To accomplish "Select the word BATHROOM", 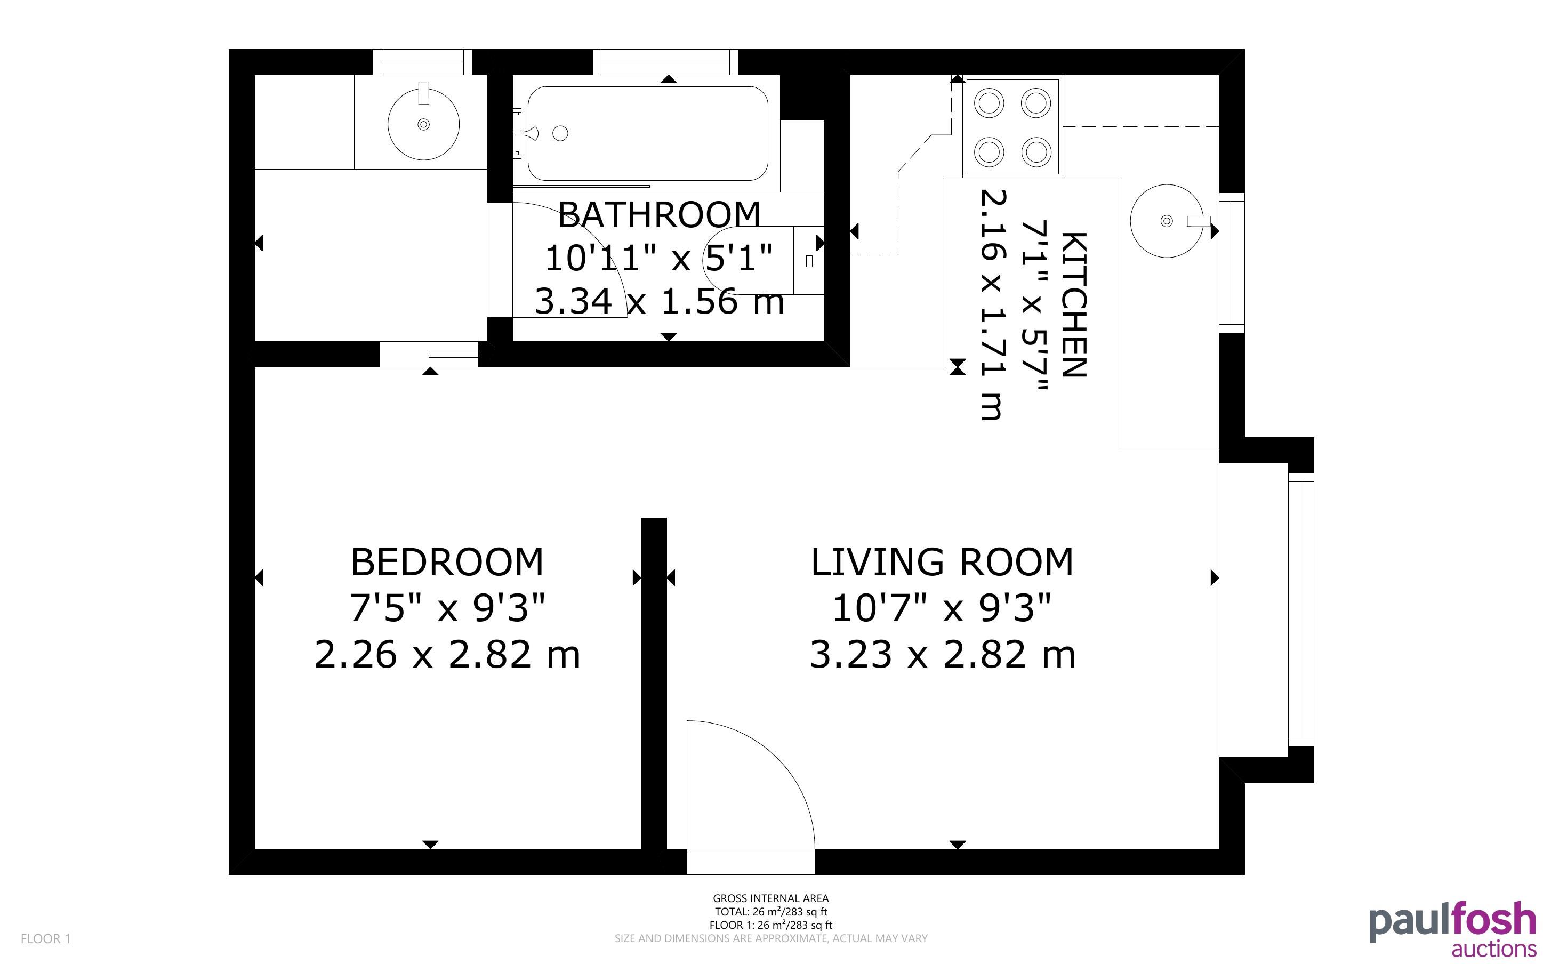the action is tap(659, 214).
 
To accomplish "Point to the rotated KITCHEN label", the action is tap(1073, 305).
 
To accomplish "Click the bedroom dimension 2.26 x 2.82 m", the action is tap(447, 655).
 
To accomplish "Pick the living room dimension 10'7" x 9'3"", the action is tap(942, 608).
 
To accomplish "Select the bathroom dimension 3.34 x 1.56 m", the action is tap(659, 301).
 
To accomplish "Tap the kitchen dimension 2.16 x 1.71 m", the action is tap(992, 305).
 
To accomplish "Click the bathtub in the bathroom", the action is tap(647, 133).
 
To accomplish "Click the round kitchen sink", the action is tap(1167, 221).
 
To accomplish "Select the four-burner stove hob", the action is tap(1012, 127).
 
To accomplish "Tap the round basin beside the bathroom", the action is tap(423, 124).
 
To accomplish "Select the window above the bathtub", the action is tap(665, 62).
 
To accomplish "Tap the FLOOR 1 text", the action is tap(46, 938).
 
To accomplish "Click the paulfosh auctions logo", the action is tap(1452, 928).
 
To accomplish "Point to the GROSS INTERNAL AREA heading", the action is tap(770, 898).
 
